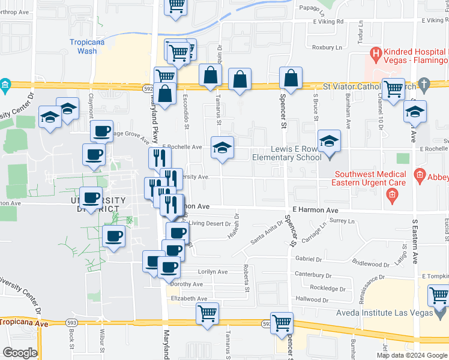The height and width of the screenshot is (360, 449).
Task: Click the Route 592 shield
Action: coord(148,88)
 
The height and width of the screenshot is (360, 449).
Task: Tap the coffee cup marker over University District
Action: coord(92,197)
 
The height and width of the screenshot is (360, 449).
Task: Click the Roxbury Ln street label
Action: coord(327,47)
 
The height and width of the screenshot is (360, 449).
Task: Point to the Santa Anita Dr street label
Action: coord(266,238)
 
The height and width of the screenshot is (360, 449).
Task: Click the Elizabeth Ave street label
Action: coord(189,299)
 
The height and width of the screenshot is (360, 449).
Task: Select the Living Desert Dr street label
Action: coord(210,224)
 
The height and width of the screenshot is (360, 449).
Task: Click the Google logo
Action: coord(20,353)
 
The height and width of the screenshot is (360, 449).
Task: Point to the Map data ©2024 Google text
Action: coord(412,355)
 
